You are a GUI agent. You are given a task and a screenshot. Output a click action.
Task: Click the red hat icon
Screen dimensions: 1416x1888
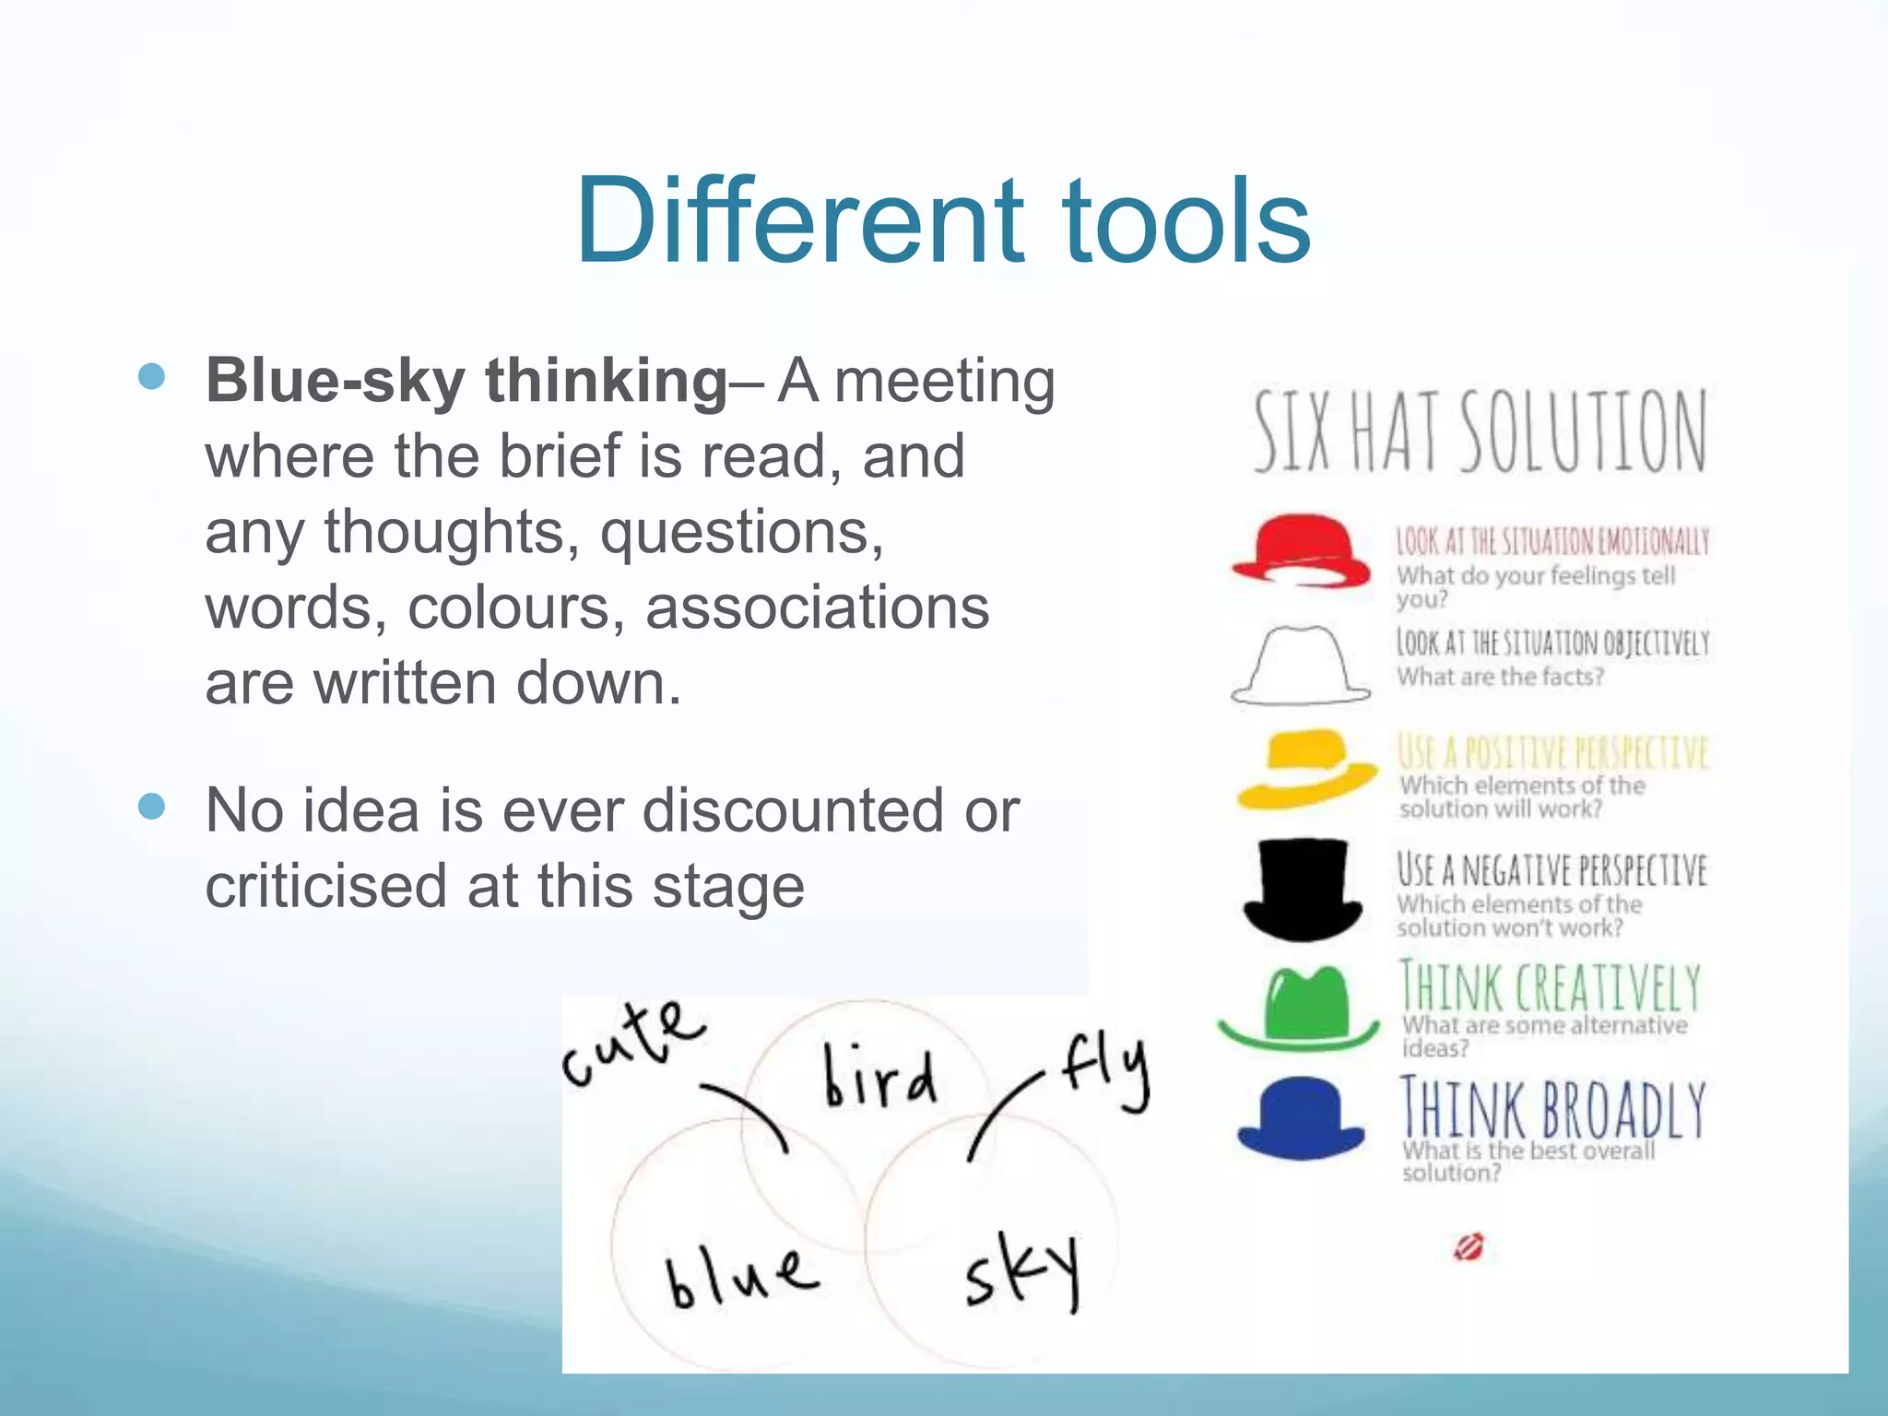tap(1301, 550)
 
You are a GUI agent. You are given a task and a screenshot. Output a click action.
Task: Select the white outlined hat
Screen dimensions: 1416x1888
tap(1301, 666)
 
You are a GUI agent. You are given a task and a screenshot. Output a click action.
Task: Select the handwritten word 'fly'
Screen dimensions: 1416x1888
tap(1105, 1070)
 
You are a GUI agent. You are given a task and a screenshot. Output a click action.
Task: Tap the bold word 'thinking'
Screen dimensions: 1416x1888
tap(607, 381)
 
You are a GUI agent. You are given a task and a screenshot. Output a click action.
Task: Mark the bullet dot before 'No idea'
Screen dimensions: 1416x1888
tap(151, 807)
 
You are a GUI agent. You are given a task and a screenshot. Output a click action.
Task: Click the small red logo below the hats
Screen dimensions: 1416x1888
tap(1468, 1247)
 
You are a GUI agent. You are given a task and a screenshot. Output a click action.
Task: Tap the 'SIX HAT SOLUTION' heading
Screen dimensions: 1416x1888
tap(1480, 431)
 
